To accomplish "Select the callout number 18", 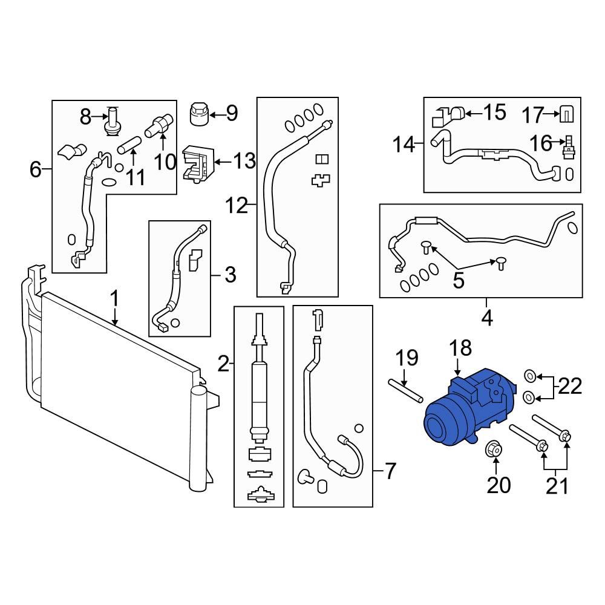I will [460, 348].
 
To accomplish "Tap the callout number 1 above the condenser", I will [115, 299].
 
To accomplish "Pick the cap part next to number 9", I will [200, 113].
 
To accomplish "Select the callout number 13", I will [245, 161].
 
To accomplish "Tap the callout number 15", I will [495, 113].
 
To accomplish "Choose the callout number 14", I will [404, 145].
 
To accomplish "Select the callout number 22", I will [570, 385].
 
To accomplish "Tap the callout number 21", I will [557, 485].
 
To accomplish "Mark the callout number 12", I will [237, 206].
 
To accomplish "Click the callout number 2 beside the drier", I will [223, 364].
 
